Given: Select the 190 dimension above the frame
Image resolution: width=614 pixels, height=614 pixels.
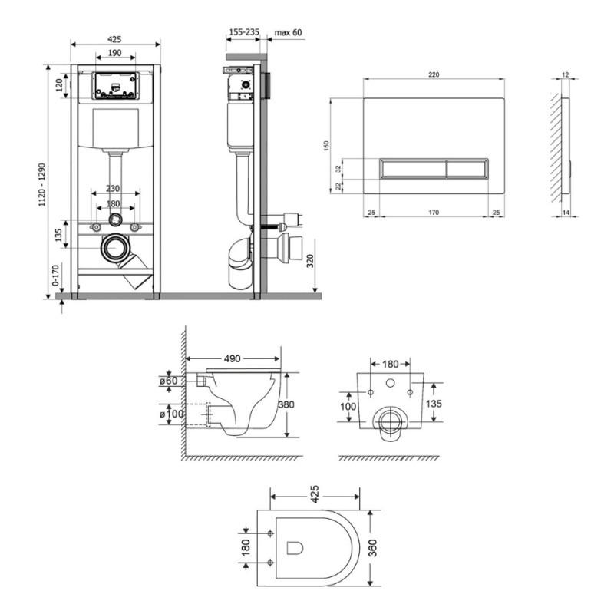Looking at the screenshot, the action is [114, 53].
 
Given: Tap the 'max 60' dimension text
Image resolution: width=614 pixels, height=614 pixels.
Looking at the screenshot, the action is [289, 32].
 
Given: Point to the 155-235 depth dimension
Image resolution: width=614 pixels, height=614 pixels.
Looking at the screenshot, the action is [244, 32].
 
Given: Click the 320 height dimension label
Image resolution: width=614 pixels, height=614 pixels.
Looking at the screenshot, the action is [310, 261].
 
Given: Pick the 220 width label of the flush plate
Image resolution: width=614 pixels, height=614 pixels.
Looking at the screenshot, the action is [434, 74].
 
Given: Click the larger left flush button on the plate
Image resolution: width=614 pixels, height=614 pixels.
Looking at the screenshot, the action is [413, 168].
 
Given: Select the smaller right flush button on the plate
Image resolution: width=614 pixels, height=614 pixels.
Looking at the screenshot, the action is [467, 168].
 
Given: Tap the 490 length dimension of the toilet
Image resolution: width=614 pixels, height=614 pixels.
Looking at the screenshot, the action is [233, 358].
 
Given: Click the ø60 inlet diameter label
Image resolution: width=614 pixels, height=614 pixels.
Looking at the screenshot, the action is [168, 381].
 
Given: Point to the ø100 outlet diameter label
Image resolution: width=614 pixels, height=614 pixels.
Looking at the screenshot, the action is [171, 414].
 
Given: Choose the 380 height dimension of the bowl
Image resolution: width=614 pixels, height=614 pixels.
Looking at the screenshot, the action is [286, 404].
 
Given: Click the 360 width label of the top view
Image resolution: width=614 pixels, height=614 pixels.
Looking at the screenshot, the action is [372, 548].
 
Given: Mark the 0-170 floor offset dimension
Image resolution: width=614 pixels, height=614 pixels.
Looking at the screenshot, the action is [55, 276].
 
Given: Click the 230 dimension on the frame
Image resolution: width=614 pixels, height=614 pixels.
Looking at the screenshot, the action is [113, 188].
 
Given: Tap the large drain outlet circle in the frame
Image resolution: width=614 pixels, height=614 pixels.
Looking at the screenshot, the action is [116, 248].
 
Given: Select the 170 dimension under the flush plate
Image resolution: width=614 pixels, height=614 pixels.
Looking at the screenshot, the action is [434, 213].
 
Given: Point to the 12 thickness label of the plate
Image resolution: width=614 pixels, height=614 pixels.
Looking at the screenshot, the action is [566, 74].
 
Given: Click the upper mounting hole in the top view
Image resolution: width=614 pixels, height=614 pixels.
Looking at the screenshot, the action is [270, 533].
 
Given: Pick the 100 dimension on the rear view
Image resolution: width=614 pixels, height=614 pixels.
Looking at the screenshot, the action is [348, 407].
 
